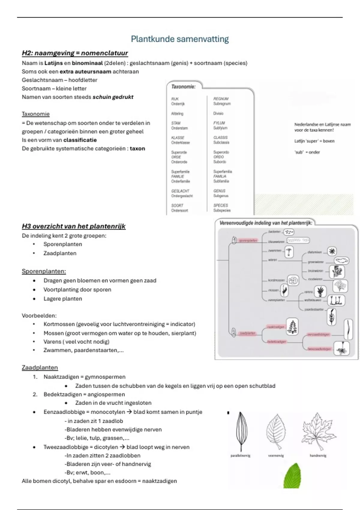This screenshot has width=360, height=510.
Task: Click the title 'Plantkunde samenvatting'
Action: pos(180,39)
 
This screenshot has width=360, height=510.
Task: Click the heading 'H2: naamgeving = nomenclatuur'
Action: pos(75,53)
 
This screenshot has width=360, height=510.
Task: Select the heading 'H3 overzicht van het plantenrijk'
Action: pos(73,226)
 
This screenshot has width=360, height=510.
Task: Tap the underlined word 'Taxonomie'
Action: pos(36,114)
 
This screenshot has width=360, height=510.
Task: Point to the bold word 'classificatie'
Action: pos(80,140)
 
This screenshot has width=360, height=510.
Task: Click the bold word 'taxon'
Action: pos(137,148)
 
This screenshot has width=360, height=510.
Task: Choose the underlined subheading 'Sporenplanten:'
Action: pos(44,271)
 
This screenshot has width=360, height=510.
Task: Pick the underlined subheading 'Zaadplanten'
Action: pos(40,367)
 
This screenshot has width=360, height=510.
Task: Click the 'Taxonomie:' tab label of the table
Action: pos(183,87)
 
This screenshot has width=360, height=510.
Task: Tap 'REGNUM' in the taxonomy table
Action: pos(221,99)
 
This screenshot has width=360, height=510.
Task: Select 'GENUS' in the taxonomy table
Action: pos(219,191)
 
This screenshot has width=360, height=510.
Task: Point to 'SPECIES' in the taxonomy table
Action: pos(221,205)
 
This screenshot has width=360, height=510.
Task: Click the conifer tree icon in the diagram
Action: pos(292,326)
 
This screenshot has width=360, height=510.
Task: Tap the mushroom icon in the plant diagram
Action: pos(289,252)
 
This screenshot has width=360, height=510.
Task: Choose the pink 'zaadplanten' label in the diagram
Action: pos(247,333)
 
